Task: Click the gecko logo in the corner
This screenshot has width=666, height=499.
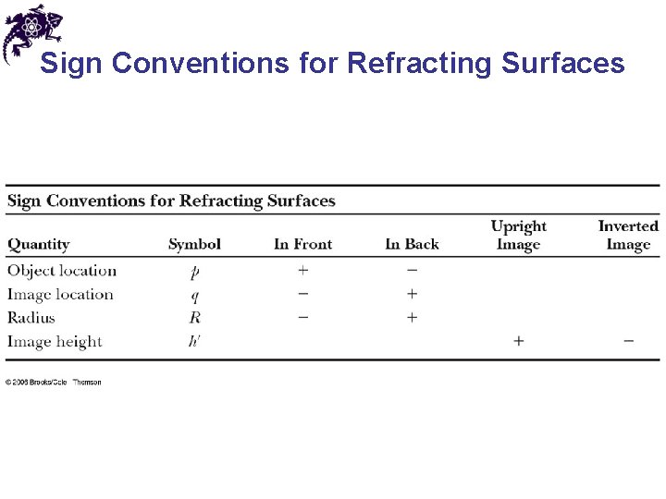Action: [31, 31]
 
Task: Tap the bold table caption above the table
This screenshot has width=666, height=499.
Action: [171, 201]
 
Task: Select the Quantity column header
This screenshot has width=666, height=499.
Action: [39, 245]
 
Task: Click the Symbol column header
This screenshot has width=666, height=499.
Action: [194, 245]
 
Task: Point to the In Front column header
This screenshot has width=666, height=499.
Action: [302, 245]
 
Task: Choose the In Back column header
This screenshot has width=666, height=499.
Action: [412, 245]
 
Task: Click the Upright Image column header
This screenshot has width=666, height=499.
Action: [518, 236]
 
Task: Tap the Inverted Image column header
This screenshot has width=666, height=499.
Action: [628, 236]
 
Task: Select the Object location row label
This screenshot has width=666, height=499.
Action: [62, 271]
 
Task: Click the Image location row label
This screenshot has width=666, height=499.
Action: [60, 295]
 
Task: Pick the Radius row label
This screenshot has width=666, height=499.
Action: [31, 318]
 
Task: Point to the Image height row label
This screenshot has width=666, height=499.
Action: [55, 342]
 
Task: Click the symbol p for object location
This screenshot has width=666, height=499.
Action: [194, 273]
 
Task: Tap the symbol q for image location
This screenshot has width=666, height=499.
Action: [194, 297]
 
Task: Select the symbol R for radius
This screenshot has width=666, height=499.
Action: [194, 318]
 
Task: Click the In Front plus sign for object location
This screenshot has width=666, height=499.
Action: [302, 271]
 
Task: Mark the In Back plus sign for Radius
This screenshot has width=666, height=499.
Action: [412, 318]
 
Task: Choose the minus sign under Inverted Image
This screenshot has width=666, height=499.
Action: [628, 341]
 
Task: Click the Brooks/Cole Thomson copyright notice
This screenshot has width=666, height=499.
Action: [54, 383]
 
